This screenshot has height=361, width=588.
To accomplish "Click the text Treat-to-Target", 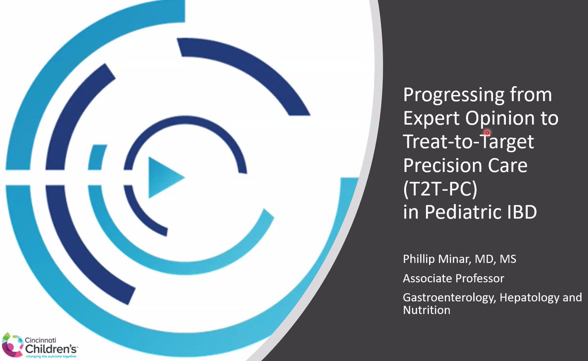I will point(468,143).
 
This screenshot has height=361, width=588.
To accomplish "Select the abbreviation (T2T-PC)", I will point(440,190).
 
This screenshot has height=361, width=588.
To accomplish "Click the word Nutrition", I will point(426,310).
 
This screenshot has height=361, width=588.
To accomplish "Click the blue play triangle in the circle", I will point(164,176).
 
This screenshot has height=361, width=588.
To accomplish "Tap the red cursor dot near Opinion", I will point(487,132).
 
